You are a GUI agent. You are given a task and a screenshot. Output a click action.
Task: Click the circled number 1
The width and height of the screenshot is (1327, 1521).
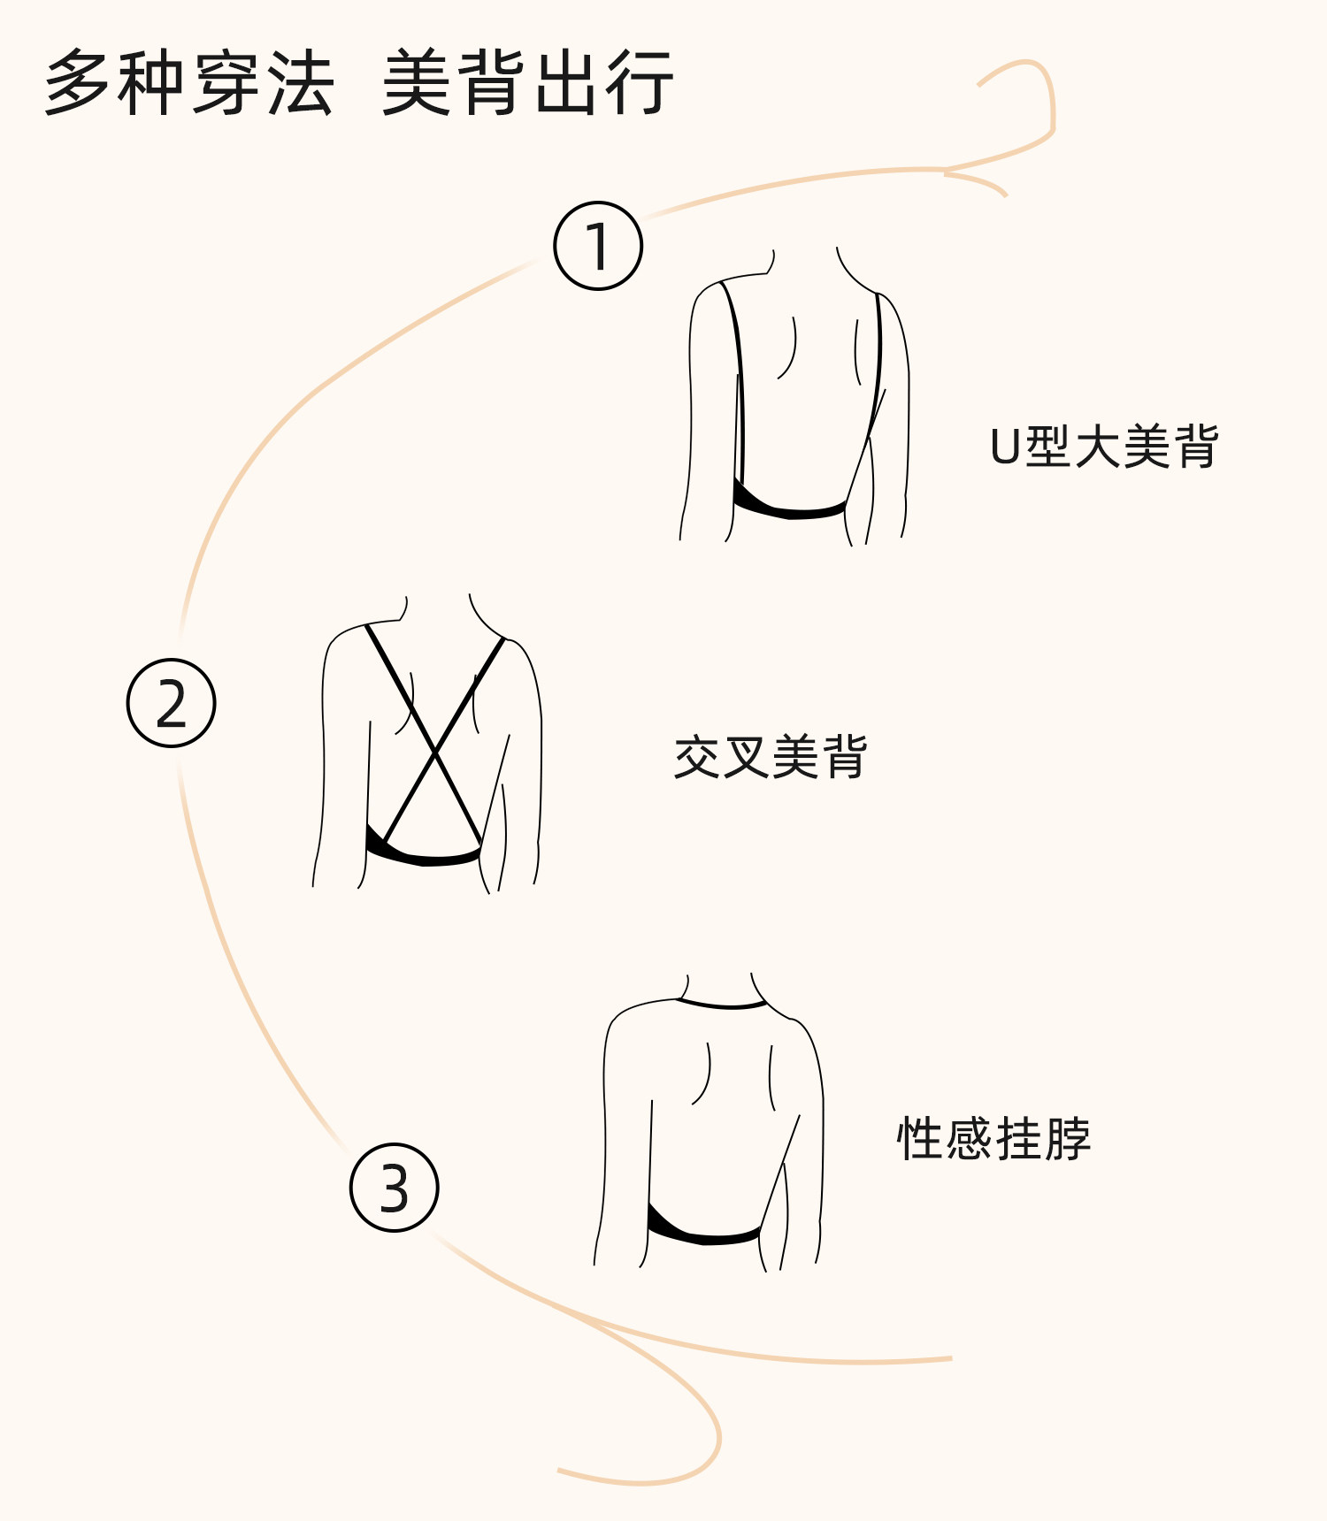tap(598, 246)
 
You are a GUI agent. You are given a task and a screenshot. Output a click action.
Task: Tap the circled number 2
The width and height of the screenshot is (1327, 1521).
tap(172, 703)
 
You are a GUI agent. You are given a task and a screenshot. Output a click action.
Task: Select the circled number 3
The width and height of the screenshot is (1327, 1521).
tap(395, 1188)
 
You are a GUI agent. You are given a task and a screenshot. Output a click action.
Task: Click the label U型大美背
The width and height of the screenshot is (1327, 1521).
tap(1104, 446)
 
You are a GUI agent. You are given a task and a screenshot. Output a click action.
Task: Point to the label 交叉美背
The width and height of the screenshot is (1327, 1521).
tap(770, 757)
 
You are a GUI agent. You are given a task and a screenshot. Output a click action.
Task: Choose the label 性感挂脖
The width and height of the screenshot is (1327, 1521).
tap(993, 1138)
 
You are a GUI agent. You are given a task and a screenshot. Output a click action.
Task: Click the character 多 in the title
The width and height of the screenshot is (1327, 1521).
tap(80, 83)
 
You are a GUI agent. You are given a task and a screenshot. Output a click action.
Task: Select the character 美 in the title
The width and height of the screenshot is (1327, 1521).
tap(416, 83)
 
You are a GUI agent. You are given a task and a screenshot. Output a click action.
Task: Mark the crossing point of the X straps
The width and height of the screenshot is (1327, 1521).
tap(434, 753)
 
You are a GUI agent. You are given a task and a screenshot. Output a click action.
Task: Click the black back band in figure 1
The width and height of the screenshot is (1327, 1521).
tap(787, 508)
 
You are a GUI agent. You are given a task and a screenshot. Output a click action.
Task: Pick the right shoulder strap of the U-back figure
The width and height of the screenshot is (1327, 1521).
tap(878, 354)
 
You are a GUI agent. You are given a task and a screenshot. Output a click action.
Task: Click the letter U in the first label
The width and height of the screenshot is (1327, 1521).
tap(1006, 447)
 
